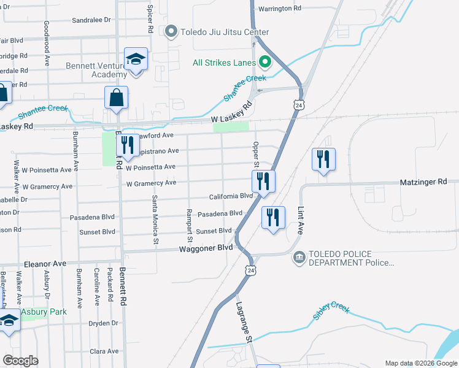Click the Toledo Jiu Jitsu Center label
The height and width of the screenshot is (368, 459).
225,32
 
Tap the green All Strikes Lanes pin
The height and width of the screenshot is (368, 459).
266,61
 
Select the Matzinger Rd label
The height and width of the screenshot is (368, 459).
430,182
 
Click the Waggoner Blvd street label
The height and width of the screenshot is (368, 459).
206,248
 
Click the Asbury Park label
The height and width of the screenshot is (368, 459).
44,312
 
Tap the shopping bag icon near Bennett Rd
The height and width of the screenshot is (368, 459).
116,97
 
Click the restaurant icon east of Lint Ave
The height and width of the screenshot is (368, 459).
323,159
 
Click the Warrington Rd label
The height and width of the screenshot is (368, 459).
279,9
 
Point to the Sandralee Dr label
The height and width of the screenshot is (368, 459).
91,20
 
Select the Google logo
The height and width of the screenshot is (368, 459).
20,361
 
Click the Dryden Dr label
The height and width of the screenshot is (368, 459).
103,323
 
